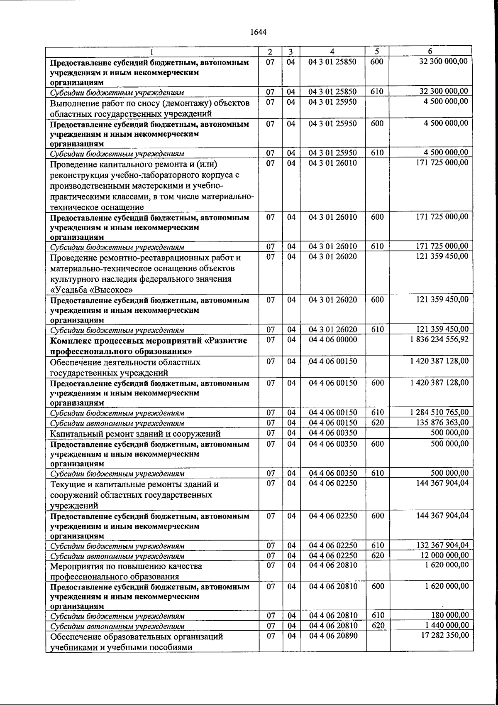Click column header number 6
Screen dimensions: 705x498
[x=430, y=52]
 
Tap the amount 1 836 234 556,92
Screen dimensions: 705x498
[x=439, y=339]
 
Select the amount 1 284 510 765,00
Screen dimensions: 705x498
[x=439, y=413]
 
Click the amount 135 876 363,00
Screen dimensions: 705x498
[x=442, y=423]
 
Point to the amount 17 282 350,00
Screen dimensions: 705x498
[x=444, y=636]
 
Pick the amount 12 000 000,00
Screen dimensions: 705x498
[x=444, y=555]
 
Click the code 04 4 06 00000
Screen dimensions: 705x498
[x=333, y=339]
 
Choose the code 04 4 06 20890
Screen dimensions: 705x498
[x=333, y=636]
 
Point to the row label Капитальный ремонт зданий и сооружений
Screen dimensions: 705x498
[x=135, y=434]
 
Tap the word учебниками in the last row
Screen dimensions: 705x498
[x=73, y=647]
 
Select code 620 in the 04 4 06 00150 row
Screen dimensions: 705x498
[x=377, y=423]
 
